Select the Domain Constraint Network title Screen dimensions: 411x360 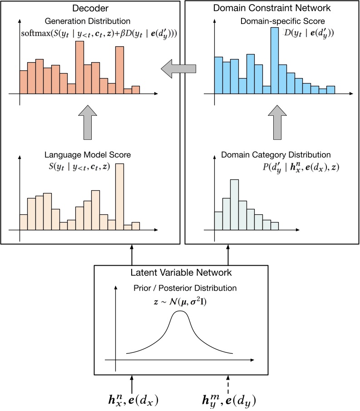[272, 8]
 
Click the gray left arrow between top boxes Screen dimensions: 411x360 [178, 69]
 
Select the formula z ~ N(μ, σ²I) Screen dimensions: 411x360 [182, 301]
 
